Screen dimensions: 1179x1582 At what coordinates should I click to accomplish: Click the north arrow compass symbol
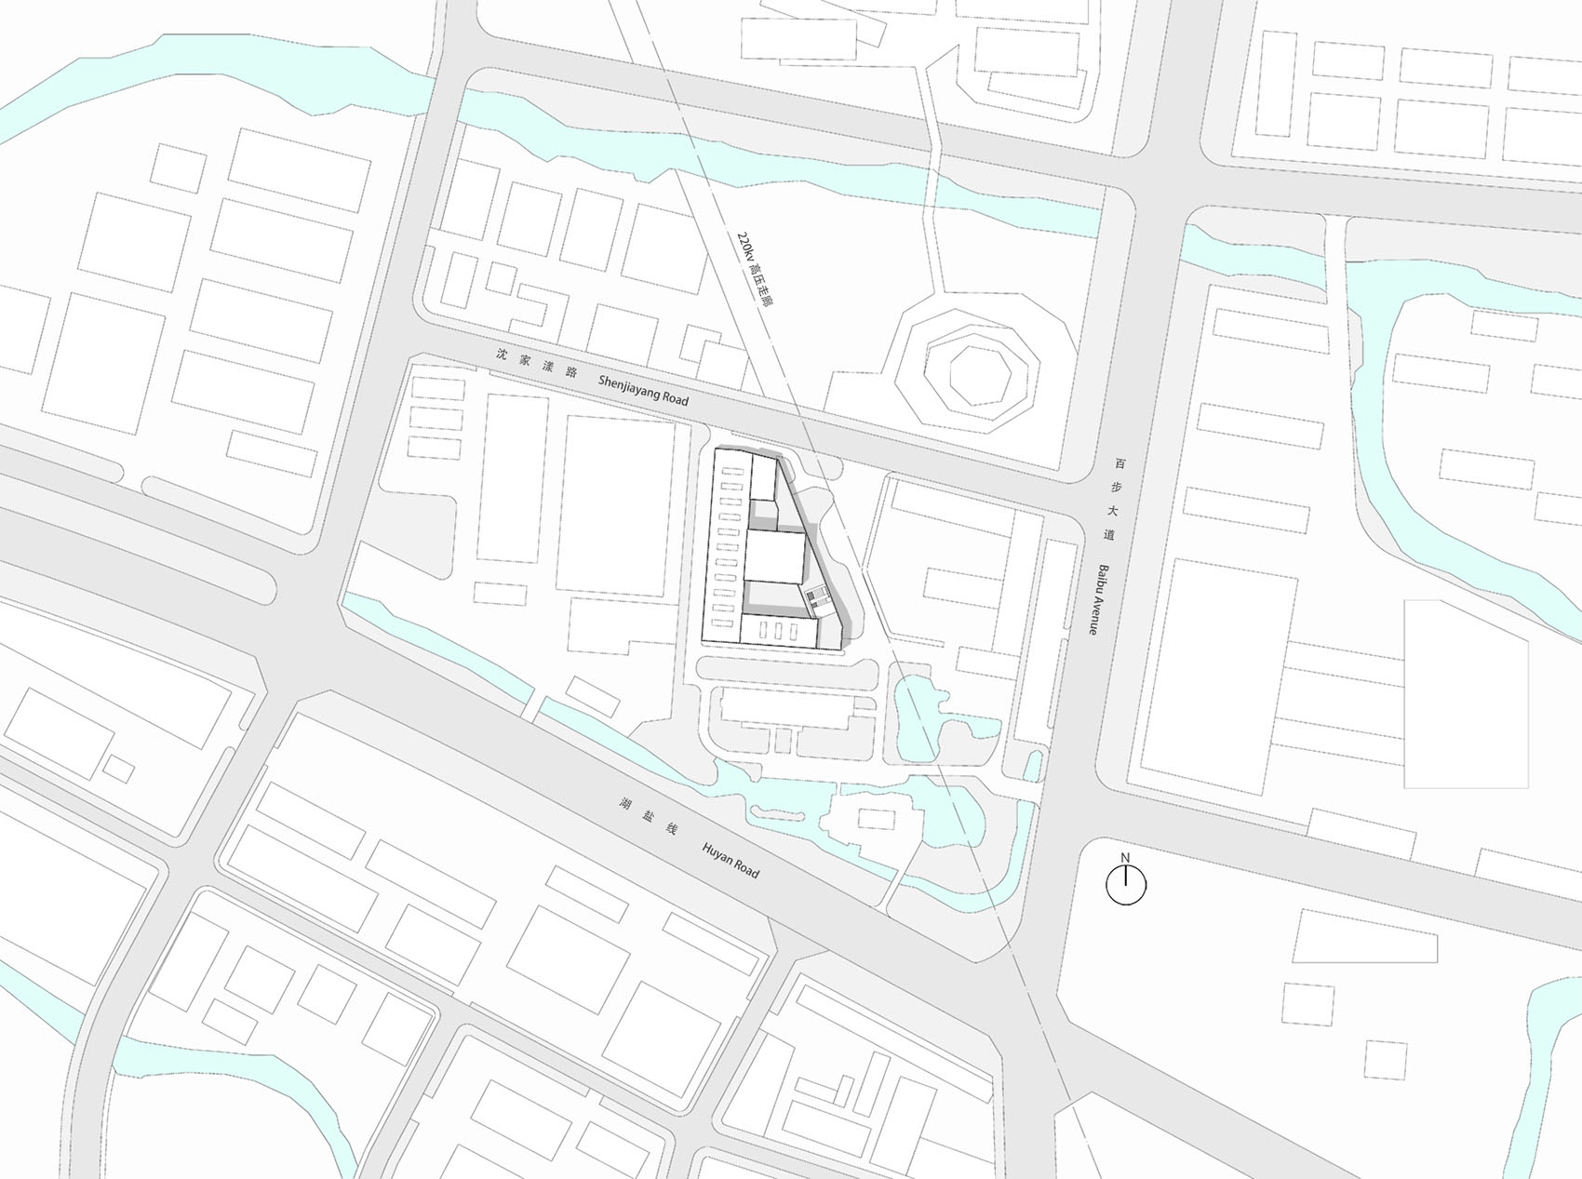pos(1125,885)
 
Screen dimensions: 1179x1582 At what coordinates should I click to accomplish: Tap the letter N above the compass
pos(1125,858)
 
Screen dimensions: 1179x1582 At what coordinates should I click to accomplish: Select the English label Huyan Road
pos(731,862)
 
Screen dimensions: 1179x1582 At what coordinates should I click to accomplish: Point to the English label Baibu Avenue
pos(1103,599)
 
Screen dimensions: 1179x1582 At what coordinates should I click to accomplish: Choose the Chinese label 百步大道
pos(1113,498)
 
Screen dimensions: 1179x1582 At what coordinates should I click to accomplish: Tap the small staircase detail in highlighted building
pos(816,599)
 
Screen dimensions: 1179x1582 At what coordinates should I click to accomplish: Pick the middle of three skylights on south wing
pos(776,630)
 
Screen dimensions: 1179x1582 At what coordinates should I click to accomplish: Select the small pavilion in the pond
pos(875,819)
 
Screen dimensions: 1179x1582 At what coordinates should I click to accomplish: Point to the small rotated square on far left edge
pos(118,768)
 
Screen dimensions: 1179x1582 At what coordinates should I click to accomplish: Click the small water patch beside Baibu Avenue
pos(1032,767)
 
